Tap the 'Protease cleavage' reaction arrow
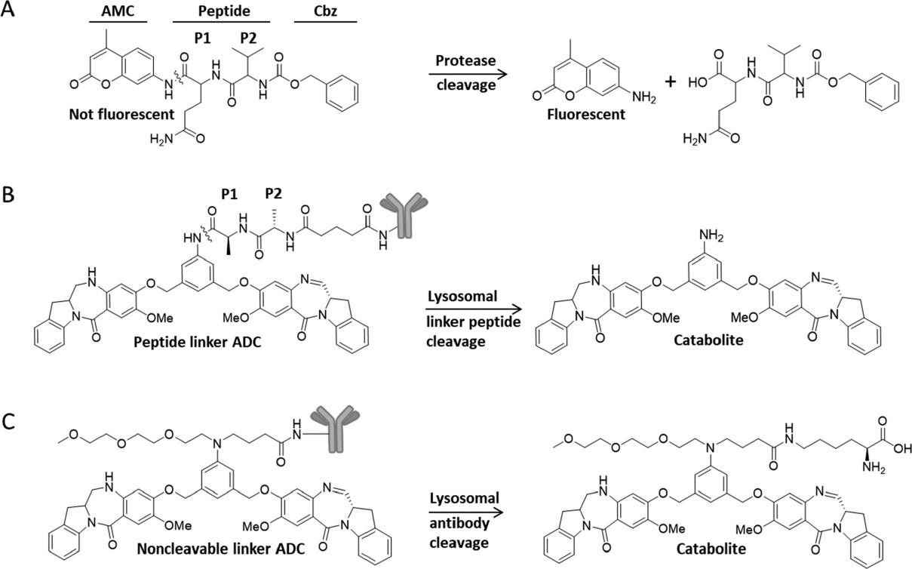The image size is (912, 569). point(465,74)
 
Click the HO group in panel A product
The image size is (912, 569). point(699,81)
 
